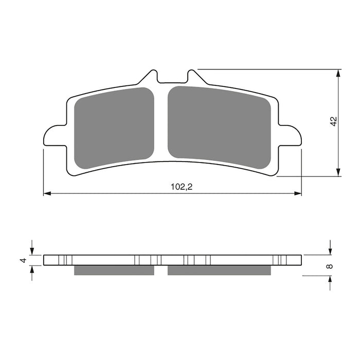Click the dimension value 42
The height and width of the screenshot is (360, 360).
click(333, 122)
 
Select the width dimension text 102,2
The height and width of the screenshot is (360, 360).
click(182, 187)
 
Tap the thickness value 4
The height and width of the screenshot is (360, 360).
click(23, 260)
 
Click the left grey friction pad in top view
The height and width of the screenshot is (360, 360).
click(114, 128)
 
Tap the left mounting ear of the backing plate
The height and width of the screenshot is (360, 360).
click(54, 137)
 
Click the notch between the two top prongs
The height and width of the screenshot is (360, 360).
click(172, 81)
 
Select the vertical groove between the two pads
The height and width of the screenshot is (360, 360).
click(161, 123)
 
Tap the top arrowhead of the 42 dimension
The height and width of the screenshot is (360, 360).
click(338, 73)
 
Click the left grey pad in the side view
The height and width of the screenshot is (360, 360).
click(114, 270)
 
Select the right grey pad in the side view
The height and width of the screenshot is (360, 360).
click(220, 270)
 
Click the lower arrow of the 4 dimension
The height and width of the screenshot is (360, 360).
click(32, 269)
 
